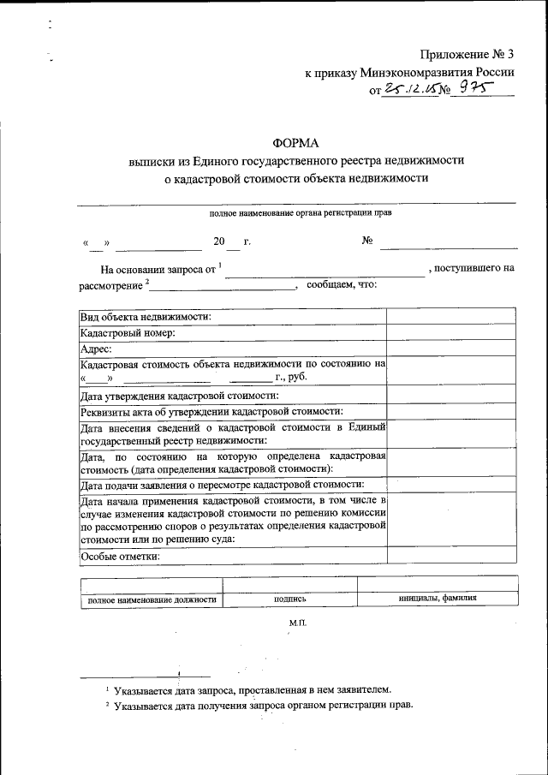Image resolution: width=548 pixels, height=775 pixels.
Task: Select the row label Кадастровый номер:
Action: (128, 332)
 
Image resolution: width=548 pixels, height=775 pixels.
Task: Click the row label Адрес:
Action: (96, 349)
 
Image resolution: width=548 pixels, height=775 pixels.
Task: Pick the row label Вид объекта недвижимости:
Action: (146, 316)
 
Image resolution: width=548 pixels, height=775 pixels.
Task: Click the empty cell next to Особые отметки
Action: (450, 555)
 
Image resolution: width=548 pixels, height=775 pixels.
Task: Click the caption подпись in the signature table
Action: (290, 599)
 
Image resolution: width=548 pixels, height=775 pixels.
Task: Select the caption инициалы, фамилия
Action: (438, 599)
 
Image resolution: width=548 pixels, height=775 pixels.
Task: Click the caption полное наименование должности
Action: (152, 599)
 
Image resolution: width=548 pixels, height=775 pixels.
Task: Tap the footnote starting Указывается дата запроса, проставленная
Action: (253, 689)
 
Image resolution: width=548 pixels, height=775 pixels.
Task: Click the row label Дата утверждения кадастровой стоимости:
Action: (179, 395)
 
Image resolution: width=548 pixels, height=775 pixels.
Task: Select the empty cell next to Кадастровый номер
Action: (450, 332)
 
